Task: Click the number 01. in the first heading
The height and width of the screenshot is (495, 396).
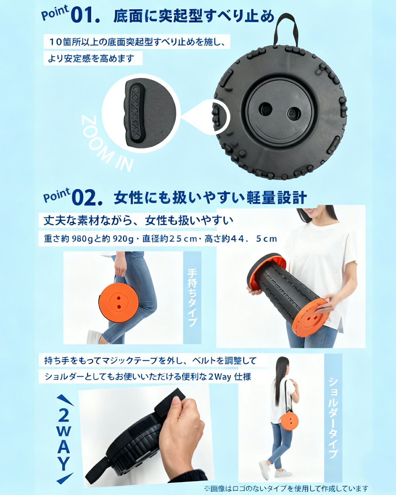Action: coord(85,16)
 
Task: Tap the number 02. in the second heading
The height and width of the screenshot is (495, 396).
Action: coord(87,198)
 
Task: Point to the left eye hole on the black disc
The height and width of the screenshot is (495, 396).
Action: coord(266,109)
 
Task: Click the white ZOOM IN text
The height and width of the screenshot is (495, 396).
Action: coord(107,144)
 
